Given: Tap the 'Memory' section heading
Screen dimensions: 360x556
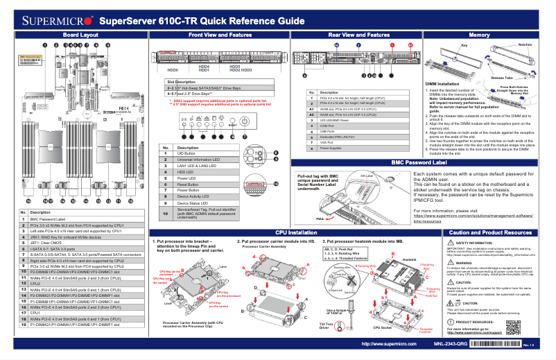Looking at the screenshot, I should [479, 35].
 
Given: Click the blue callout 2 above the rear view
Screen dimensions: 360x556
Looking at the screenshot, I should [358, 44].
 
